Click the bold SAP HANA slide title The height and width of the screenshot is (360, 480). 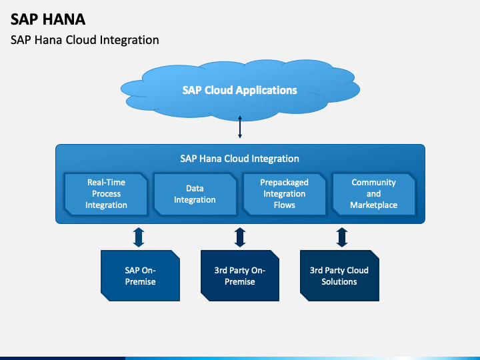coord(48,19)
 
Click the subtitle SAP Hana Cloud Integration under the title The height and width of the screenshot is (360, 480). coord(85,40)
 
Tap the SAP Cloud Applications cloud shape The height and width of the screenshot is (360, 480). coord(240,90)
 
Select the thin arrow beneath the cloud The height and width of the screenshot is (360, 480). coord(240,127)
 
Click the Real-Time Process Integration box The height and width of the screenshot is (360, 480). coord(106,194)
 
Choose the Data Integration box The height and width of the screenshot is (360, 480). coord(195,194)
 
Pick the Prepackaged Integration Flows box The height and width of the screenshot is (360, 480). coord(285,194)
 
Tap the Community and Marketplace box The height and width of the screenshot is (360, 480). coord(374,194)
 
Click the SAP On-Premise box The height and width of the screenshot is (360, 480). coord(140,275)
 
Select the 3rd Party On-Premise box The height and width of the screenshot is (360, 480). coord(240,275)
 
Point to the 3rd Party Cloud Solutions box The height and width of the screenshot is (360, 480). coord(339,275)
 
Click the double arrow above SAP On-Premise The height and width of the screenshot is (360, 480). coord(139,237)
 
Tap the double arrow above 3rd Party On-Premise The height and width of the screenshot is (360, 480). coord(240,237)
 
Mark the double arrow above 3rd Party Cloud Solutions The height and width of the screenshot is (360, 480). coord(342,237)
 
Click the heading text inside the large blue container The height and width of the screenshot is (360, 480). coord(240,159)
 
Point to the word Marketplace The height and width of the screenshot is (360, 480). coord(374,205)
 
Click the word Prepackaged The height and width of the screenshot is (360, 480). coord(285,183)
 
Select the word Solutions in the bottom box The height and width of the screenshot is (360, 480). coord(339,281)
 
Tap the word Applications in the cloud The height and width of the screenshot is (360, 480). coord(266,91)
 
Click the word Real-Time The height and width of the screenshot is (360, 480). coord(106,183)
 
